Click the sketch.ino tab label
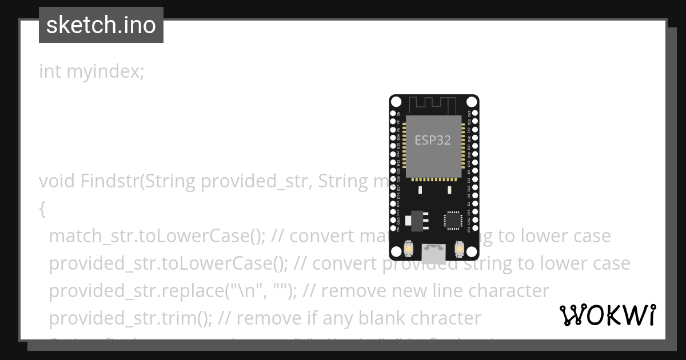tap(101, 25)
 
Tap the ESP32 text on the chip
tap(433, 141)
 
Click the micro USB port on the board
tap(434, 252)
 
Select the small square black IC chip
tap(453, 220)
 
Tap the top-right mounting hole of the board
tap(471, 102)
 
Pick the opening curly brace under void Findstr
tap(42, 209)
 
